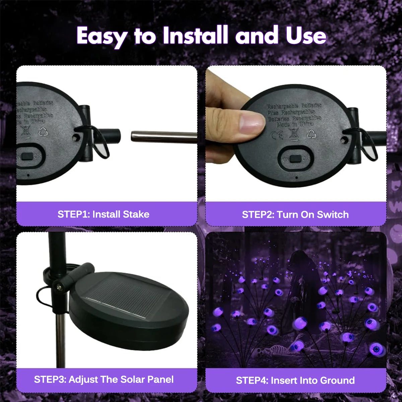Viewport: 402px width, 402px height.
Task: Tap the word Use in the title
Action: [x=306, y=36]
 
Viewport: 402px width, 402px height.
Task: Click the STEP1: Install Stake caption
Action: [x=104, y=214]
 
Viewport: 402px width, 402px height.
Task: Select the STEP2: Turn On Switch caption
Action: [x=295, y=214]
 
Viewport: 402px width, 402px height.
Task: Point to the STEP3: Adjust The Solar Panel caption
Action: [x=104, y=380]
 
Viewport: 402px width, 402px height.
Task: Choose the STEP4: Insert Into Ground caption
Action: [x=295, y=380]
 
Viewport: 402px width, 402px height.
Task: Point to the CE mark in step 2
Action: [x=277, y=135]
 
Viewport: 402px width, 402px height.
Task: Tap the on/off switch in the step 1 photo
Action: [x=27, y=156]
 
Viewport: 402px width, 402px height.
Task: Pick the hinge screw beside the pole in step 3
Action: [x=59, y=287]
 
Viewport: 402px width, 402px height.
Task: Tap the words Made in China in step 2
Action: [x=295, y=124]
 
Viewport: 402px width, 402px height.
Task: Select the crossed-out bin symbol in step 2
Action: [x=294, y=135]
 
